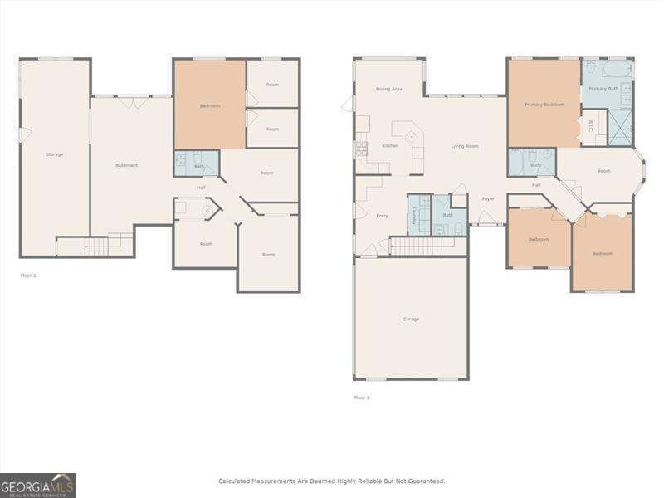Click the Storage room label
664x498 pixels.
(54, 154)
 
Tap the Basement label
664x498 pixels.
(126, 165)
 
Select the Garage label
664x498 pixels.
(411, 319)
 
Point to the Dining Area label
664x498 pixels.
(388, 88)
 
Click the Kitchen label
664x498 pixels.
(390, 145)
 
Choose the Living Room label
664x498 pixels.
(464, 146)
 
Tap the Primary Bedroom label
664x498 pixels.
(544, 105)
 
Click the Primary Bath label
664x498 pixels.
(603, 88)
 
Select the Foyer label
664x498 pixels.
(488, 198)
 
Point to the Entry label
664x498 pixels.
(382, 216)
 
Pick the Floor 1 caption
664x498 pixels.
(28, 275)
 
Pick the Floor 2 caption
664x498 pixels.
(362, 398)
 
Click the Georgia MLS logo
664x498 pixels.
(37, 485)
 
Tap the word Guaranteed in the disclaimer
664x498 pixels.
(426, 481)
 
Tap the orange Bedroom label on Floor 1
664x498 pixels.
(209, 105)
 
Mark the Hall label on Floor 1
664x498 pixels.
(201, 188)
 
